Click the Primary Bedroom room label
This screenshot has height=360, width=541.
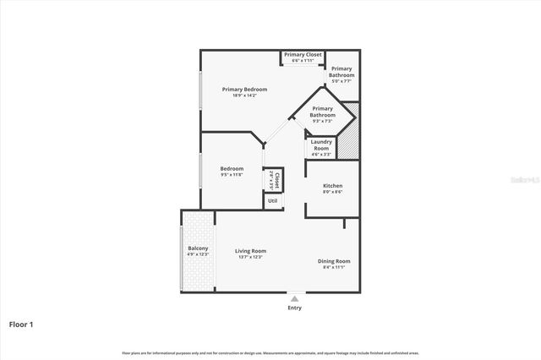pos(244,89)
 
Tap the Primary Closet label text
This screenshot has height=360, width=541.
pos(303,55)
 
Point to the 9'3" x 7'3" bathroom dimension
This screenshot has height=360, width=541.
pos(323,121)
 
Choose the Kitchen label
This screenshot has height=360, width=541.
pos(333,185)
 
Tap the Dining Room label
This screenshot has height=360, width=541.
pos(334,261)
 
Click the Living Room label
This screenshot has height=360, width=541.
pos(250,250)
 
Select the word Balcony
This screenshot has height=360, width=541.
pos(198,248)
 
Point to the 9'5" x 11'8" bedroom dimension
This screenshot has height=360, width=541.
pos(232,175)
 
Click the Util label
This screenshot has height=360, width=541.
pos(272,200)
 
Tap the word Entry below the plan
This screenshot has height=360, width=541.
pos(294,308)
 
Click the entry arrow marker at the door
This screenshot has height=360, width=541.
pos(294,297)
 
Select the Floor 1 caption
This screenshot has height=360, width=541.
pos(21,324)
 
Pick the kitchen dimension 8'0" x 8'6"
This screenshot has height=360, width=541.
pos(333,192)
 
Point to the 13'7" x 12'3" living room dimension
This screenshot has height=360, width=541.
pos(250,257)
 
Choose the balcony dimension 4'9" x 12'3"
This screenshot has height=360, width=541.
pos(198,254)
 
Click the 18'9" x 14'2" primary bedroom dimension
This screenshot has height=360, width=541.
pos(244,95)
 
